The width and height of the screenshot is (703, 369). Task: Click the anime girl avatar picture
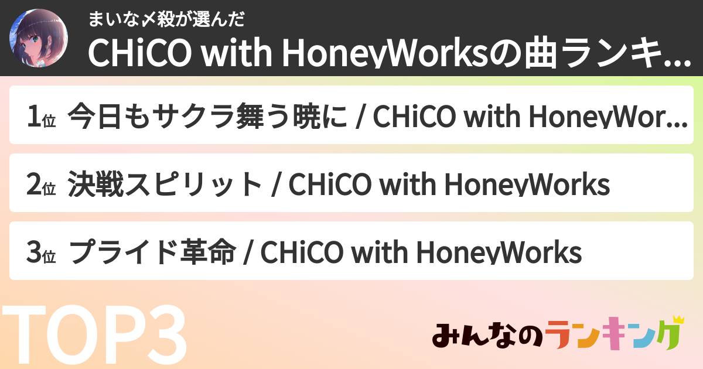[x=38, y=37]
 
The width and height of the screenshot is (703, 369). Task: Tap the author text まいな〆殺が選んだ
[x=165, y=19]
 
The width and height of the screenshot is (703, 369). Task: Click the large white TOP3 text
[x=94, y=337]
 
